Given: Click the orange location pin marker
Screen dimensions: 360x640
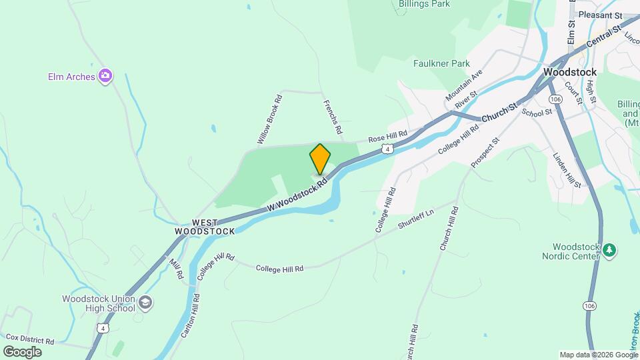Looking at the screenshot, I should [x=320, y=159].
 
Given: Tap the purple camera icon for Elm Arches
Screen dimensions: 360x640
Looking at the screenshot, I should [x=105, y=77].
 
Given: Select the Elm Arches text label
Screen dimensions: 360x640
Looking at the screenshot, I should [x=71, y=77].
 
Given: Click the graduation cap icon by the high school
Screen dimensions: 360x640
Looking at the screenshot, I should [x=145, y=304].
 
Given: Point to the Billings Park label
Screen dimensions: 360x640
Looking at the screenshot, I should [x=424, y=4].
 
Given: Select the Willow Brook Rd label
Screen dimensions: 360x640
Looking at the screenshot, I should [x=270, y=120].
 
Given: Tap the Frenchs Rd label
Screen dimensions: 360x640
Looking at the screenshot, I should [x=332, y=116].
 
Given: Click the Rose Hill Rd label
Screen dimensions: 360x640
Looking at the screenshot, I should [x=387, y=137].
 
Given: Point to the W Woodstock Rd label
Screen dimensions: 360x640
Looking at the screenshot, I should [x=297, y=195].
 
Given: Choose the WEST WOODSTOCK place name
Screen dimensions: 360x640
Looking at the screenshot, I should [x=205, y=227].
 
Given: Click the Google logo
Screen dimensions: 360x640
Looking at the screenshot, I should [x=22, y=351].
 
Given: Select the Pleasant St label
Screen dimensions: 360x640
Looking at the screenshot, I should [x=600, y=15].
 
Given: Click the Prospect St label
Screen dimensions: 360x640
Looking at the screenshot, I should [x=485, y=153].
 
